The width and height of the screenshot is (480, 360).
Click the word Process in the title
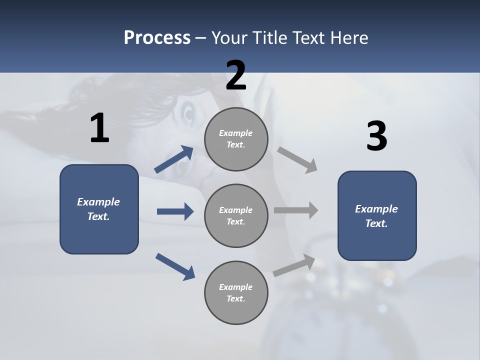point(157,38)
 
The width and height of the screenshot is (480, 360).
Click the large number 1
point(99,128)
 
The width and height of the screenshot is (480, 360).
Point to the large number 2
point(236,75)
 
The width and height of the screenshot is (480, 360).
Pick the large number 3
point(376,136)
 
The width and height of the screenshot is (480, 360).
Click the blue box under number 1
point(99,209)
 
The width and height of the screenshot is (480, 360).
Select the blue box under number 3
point(377,215)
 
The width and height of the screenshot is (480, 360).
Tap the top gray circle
point(236,139)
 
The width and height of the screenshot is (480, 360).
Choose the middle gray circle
point(236,216)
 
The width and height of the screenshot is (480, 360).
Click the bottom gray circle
point(236,293)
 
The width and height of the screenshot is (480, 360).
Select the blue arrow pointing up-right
point(174,159)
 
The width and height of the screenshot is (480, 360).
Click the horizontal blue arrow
point(175,211)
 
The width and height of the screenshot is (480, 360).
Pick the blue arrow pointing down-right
point(175,266)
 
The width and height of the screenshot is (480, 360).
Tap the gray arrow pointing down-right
point(297,160)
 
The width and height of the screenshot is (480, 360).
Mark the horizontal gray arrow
point(296,210)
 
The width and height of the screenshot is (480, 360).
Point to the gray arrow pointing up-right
point(294,265)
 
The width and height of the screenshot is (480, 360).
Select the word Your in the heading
point(229,38)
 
